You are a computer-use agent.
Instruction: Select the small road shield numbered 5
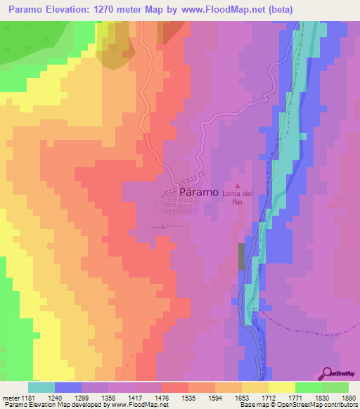click(163, 227)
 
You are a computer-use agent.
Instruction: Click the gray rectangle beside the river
click(242, 257)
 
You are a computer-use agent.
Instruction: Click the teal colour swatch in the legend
click(41, 387)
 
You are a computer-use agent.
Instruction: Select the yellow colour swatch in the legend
click(281, 387)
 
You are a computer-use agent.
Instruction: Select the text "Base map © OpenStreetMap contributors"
click(299, 405)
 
